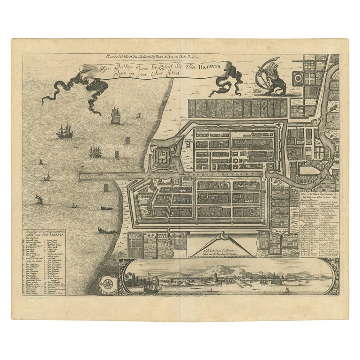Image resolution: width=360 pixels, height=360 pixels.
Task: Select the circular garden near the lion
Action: click(x=298, y=77)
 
